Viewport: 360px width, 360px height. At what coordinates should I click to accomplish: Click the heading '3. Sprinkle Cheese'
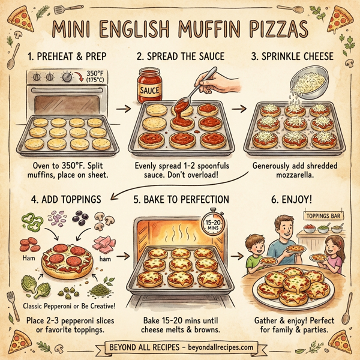[296, 58]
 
